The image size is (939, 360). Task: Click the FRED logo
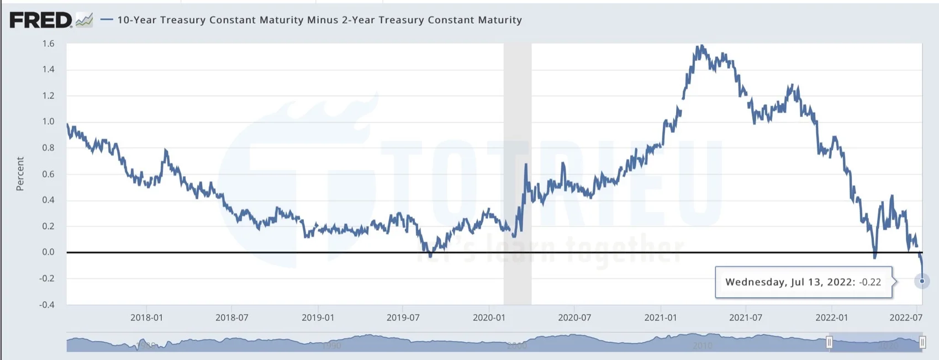pos(41,20)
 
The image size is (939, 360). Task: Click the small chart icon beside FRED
pos(84,20)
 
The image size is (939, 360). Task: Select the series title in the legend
pos(319,20)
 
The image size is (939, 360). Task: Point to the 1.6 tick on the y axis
pos(49,44)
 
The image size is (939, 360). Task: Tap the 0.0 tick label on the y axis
pos(49,252)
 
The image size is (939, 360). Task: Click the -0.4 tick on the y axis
pos(48,304)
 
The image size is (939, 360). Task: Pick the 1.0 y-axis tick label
pos(49,121)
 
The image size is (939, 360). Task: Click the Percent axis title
pos(20,174)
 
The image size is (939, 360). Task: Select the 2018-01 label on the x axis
pos(146,317)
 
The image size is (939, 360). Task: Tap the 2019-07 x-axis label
pos(403,317)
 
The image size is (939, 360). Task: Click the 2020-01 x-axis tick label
pos(489,317)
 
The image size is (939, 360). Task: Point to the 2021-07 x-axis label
pos(746,317)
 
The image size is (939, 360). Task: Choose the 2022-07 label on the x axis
pos(906,317)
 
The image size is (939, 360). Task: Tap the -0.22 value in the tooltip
pos(871,282)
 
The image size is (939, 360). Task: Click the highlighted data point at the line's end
pos(922,281)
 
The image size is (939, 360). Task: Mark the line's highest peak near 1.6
pos(701,46)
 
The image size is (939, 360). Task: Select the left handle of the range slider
pos(829,342)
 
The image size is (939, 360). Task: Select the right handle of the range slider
pos(922,342)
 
